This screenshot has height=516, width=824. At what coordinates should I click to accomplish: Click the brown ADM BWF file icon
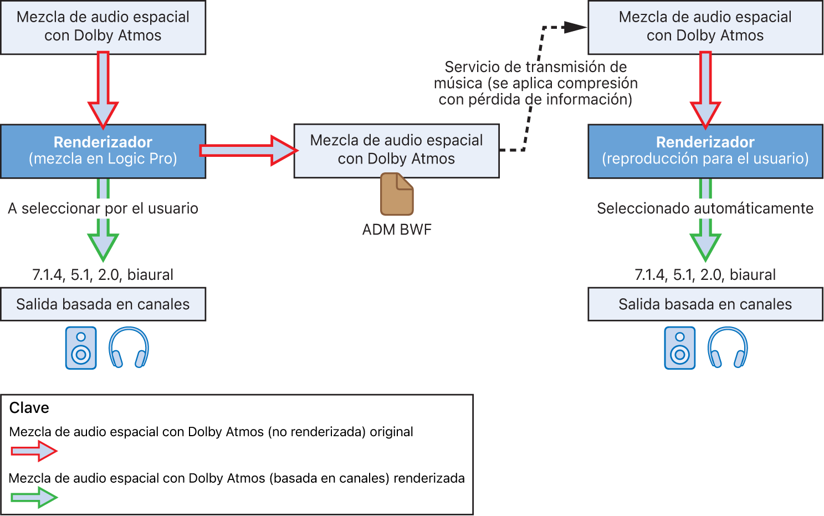pyautogui.click(x=397, y=194)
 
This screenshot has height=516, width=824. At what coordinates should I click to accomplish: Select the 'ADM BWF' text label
pyautogui.click(x=397, y=229)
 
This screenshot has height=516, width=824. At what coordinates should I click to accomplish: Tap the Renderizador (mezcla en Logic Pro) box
pyautogui.click(x=103, y=151)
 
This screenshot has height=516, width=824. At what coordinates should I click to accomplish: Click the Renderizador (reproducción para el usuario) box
pyautogui.click(x=705, y=151)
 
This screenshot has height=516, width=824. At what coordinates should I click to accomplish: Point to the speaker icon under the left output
pyautogui.click(x=81, y=348)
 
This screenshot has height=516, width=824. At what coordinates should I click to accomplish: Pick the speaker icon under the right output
pyautogui.click(x=680, y=348)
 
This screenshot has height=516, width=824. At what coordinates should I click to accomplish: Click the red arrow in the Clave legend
pyautogui.click(x=34, y=451)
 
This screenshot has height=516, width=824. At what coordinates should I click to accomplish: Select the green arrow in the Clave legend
pyautogui.click(x=34, y=497)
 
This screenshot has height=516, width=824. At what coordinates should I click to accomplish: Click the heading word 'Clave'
pyautogui.click(x=29, y=408)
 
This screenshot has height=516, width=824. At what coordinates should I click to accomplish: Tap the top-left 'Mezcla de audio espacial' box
pyautogui.click(x=103, y=27)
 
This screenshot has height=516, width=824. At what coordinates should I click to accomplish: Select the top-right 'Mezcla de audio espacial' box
pyautogui.click(x=705, y=27)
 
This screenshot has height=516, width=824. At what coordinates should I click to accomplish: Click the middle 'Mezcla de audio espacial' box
pyautogui.click(x=396, y=150)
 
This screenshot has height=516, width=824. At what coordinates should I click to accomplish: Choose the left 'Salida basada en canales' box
pyautogui.click(x=103, y=304)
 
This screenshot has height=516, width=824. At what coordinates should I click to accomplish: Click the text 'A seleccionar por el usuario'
pyautogui.click(x=103, y=208)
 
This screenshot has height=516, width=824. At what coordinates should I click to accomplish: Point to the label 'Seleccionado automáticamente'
pyautogui.click(x=705, y=208)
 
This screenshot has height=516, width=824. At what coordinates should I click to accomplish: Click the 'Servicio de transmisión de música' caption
pyautogui.click(x=535, y=83)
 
